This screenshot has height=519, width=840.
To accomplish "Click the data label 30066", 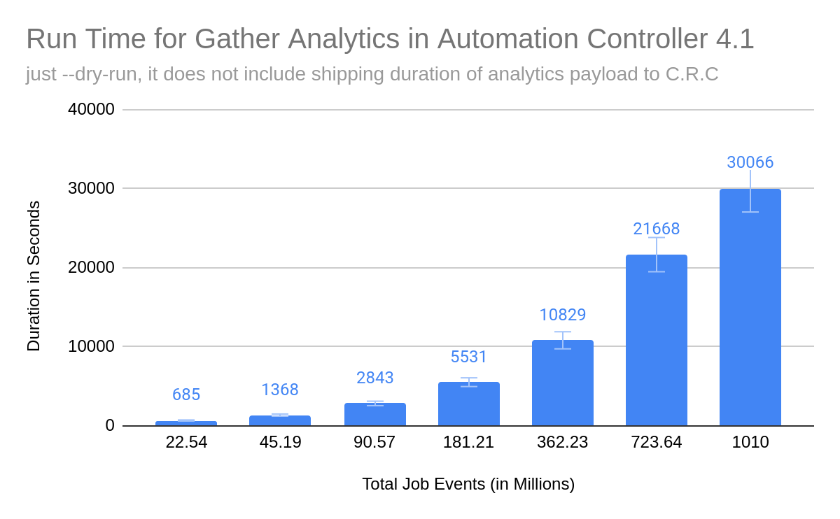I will click(x=750, y=162).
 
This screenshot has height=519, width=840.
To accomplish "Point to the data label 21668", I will click(x=656, y=229).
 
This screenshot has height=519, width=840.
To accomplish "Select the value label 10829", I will click(x=562, y=315).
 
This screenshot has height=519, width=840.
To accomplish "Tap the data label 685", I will click(x=186, y=394).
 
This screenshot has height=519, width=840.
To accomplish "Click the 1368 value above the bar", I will click(x=280, y=390).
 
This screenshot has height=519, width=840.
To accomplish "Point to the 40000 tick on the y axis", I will click(x=91, y=109).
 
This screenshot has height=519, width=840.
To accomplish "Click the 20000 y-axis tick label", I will click(x=91, y=267).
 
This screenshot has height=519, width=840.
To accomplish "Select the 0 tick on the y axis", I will click(x=109, y=425).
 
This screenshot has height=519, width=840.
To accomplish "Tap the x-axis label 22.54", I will click(x=186, y=443).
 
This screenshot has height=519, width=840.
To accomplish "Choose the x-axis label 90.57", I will click(x=374, y=443).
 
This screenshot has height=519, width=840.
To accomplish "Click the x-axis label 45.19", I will click(x=280, y=443).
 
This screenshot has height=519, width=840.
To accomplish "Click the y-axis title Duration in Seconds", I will click(x=34, y=276).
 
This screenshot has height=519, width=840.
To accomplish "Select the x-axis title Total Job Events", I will click(x=468, y=484).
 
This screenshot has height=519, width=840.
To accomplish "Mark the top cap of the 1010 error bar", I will click(x=750, y=170).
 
